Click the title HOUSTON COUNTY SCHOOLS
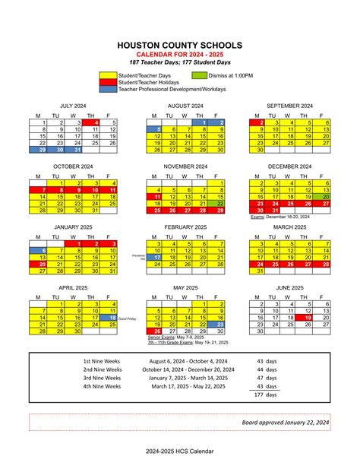(180, 46)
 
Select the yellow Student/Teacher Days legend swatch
(109, 75)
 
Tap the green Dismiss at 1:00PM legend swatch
(199, 75)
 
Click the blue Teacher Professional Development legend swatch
(109, 89)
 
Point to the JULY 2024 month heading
(76, 106)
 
